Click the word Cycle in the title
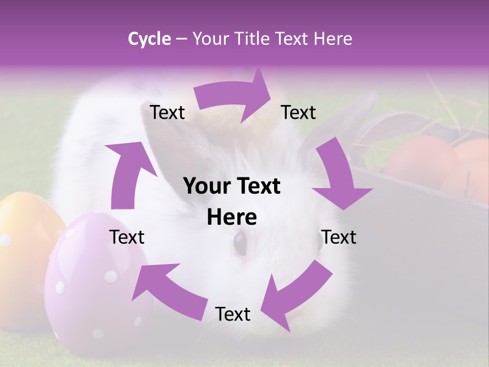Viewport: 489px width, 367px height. click(149, 39)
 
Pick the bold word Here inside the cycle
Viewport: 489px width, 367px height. click(232, 217)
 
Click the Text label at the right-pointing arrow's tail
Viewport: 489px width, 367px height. click(167, 112)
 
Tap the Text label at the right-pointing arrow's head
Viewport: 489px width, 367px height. click(298, 112)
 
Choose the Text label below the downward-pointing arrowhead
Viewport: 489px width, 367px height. click(339, 237)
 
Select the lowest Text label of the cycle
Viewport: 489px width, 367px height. click(233, 314)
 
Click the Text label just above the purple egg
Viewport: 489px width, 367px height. click(127, 237)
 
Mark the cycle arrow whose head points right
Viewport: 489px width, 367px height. click(234, 97)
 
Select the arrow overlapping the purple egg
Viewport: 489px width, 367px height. click(168, 291)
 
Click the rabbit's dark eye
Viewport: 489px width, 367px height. click(239, 243)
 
